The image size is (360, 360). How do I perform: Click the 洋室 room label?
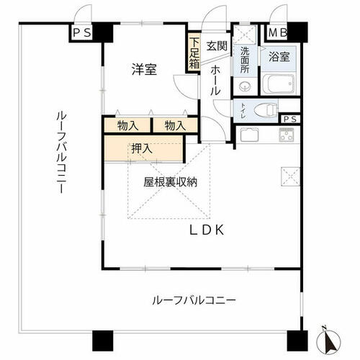pyautogui.click(x=144, y=69)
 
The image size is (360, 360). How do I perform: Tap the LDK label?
pyautogui.click(x=207, y=230)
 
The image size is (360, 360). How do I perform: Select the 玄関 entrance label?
pyautogui.click(x=217, y=46)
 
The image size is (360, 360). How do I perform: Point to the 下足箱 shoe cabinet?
pyautogui.click(x=194, y=53)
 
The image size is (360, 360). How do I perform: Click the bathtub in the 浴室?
pyautogui.click(x=279, y=84)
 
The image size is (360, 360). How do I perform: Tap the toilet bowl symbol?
pyautogui.click(x=266, y=111)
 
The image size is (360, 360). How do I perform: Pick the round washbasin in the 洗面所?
pyautogui.click(x=244, y=85)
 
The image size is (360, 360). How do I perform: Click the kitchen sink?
pyautogui.click(x=249, y=135)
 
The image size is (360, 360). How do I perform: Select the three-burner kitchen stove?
pyautogui.click(x=287, y=135)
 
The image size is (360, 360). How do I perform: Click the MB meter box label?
pyautogui.click(x=277, y=32)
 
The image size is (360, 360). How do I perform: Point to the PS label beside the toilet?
pyautogui.click(x=290, y=120)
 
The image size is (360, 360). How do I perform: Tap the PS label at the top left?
pyautogui.click(x=82, y=32)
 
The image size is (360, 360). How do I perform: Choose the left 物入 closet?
pyautogui.click(x=128, y=125)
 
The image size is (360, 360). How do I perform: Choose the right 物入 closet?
pyautogui.click(x=176, y=125)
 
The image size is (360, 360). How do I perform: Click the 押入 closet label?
pyautogui.click(x=142, y=149)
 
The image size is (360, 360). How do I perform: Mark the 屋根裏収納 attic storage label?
pyautogui.click(x=171, y=182)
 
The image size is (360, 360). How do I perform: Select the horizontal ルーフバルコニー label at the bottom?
pyautogui.click(x=194, y=300)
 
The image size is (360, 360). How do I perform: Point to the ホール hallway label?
pyautogui.click(x=215, y=81)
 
